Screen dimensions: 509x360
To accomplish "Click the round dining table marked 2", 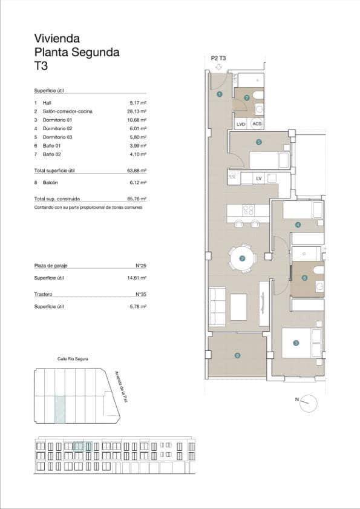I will (242, 258).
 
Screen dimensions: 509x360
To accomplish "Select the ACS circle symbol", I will (257, 124).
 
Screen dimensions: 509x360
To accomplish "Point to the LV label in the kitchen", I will (259, 178).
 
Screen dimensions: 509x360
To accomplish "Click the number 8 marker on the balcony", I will (238, 355).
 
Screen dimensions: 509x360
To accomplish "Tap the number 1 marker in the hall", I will (219, 94).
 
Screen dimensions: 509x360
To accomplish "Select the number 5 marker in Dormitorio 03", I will (258, 143).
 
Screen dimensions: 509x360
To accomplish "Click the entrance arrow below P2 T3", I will (218, 66).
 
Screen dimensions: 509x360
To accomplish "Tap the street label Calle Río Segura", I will (73, 359).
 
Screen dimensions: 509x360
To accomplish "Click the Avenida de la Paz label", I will (123, 390).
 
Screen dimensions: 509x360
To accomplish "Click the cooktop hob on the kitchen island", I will (247, 211).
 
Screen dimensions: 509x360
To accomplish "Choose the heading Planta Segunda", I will (76, 53).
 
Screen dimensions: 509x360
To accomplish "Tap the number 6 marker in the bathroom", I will (304, 278).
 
